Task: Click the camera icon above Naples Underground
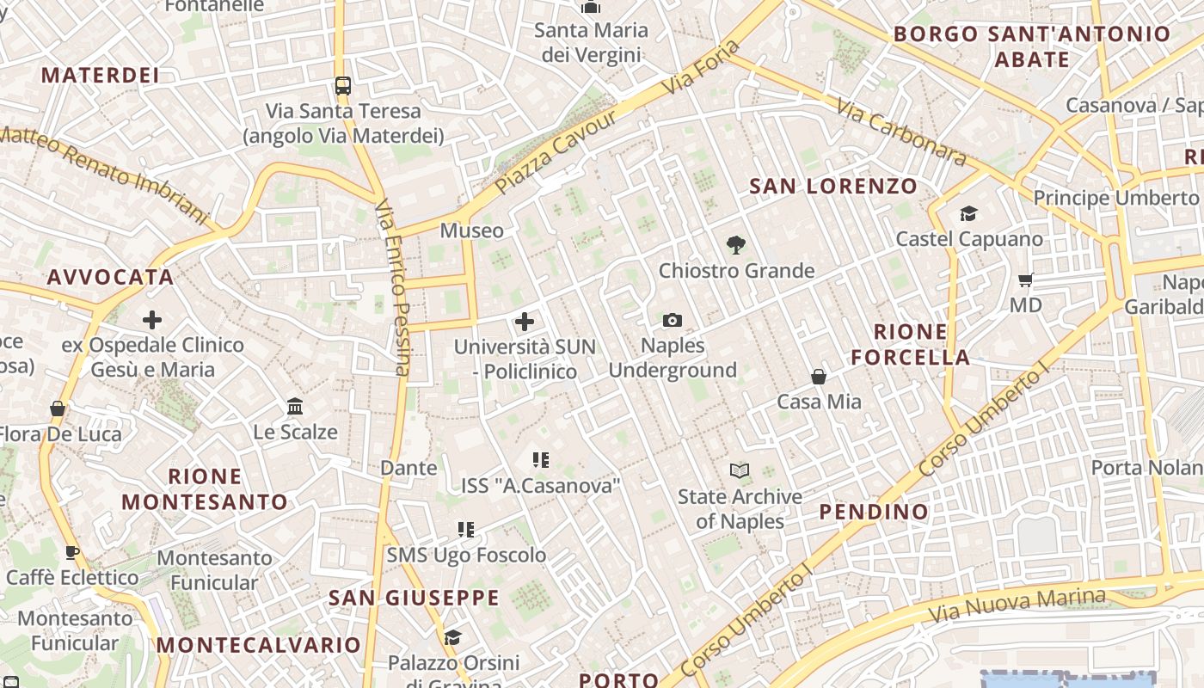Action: pyautogui.click(x=673, y=321)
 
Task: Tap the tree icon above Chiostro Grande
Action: pyautogui.click(x=735, y=245)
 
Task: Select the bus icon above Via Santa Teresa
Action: pyautogui.click(x=343, y=85)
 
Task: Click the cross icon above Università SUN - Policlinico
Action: pyautogui.click(x=525, y=322)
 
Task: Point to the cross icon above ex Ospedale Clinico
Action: pyautogui.click(x=152, y=320)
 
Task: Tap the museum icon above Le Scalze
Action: pyautogui.click(x=295, y=406)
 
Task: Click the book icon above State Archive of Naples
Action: pyautogui.click(x=740, y=470)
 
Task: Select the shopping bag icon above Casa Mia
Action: pyautogui.click(x=819, y=377)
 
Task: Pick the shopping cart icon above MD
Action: pyautogui.click(x=1025, y=279)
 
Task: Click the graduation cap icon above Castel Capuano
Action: pyautogui.click(x=969, y=213)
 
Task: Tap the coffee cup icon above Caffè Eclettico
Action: pyautogui.click(x=72, y=551)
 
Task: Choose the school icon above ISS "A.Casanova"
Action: pyautogui.click(x=540, y=460)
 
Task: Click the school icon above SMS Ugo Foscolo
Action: pyautogui.click(x=466, y=530)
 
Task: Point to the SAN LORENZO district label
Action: pyautogui.click(x=833, y=186)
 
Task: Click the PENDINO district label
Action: pyautogui.click(x=874, y=512)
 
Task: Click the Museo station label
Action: pyautogui.click(x=471, y=230)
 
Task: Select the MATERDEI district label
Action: pyautogui.click(x=100, y=75)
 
